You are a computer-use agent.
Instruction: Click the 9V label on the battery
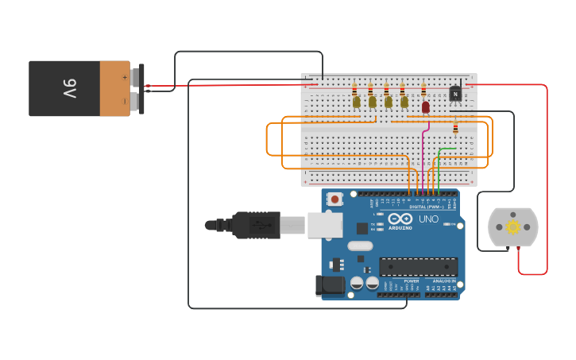(x=69, y=88)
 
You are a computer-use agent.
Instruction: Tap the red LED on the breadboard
(x=426, y=106)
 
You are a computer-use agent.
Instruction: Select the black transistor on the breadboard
(x=455, y=94)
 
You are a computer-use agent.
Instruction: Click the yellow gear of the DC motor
(x=512, y=227)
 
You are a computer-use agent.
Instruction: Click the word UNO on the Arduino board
(x=428, y=219)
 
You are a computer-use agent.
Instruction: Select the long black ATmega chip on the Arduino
(x=418, y=267)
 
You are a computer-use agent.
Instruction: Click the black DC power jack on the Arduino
(x=330, y=285)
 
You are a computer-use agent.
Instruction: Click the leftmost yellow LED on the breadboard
(x=357, y=102)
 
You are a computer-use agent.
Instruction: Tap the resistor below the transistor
(x=455, y=127)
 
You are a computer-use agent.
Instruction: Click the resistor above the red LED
(x=423, y=90)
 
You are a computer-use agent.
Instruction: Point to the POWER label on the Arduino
(x=412, y=281)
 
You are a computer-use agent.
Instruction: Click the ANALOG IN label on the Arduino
(x=444, y=281)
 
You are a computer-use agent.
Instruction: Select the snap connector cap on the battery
(x=141, y=88)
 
